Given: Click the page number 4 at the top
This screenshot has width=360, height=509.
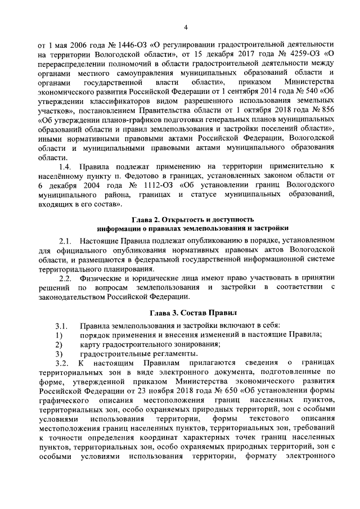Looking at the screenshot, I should point(184,27).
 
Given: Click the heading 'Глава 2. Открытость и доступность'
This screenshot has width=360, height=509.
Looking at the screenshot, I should point(192,218).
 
